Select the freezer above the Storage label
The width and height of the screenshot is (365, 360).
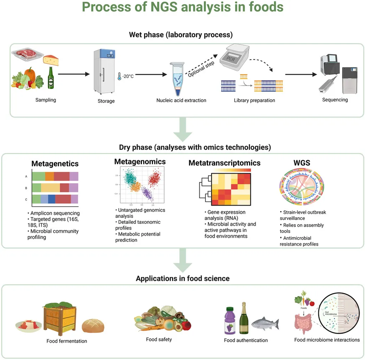[x=104, y=71]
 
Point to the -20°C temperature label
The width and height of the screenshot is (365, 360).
[x=127, y=76]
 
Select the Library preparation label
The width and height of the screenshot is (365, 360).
[x=254, y=101]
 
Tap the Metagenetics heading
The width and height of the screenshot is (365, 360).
[x=55, y=164]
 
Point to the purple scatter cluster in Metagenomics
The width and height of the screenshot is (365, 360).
[x=147, y=195]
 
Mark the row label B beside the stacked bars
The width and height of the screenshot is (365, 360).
[x=26, y=188]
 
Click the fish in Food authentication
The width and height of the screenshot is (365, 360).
[x=265, y=323]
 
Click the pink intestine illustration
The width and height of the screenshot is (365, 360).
[x=301, y=324]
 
